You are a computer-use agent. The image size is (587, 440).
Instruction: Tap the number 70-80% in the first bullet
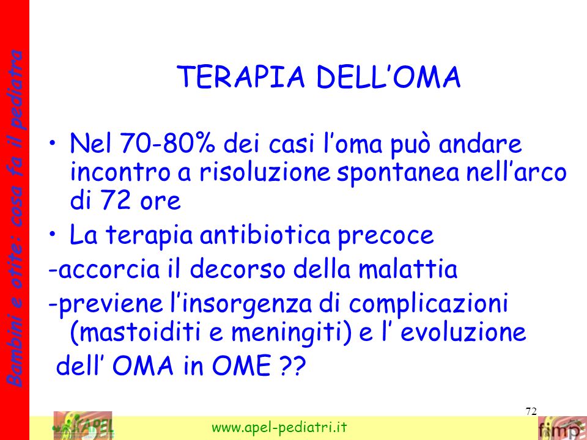pyautogui.click(x=168, y=144)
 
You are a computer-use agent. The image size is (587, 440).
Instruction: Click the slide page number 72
pyautogui.click(x=531, y=411)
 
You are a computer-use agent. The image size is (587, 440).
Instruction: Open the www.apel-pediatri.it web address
pyautogui.click(x=279, y=427)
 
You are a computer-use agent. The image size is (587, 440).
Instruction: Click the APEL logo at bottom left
pyautogui.click(x=84, y=425)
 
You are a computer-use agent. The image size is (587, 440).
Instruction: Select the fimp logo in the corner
pyautogui.click(x=562, y=428)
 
